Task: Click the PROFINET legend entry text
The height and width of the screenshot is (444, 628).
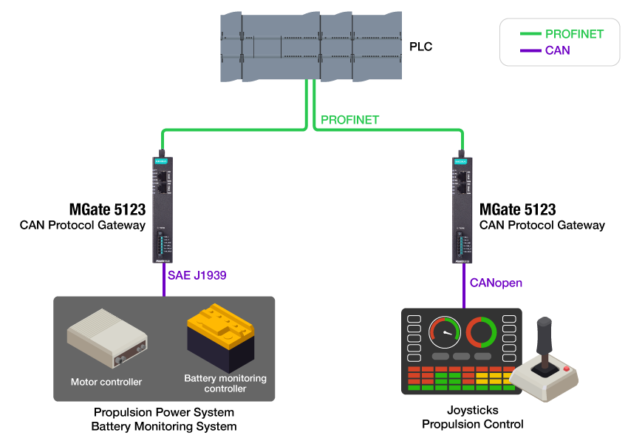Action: (574, 34)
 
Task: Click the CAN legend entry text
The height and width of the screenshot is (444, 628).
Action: (558, 50)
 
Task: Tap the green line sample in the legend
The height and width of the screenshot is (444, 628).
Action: (530, 34)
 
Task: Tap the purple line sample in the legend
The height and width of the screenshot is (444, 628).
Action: (530, 50)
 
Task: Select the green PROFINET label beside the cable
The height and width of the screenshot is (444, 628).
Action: (350, 120)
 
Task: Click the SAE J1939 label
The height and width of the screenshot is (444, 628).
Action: (197, 275)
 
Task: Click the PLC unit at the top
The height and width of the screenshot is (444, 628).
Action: (310, 46)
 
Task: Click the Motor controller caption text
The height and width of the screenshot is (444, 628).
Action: (106, 382)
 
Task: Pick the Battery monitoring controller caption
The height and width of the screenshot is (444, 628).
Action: (225, 383)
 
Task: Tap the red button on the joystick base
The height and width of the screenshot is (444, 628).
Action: (567, 369)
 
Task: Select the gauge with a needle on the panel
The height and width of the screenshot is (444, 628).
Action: (445, 332)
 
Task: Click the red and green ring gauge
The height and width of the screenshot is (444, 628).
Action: (481, 332)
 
